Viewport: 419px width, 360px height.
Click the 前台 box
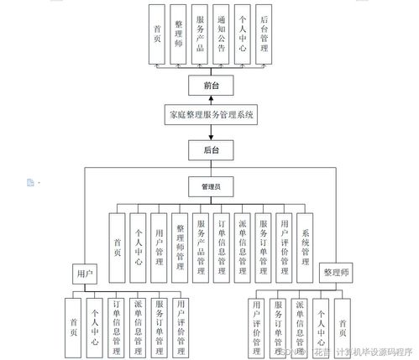(210, 85)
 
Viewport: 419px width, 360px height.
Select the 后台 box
(210, 150)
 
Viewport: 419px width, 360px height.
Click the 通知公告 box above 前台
(221, 34)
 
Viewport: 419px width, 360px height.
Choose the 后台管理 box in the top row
(264, 34)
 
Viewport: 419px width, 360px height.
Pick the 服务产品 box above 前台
(200, 34)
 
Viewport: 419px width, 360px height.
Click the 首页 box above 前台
(157, 34)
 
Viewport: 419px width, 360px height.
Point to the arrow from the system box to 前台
(210, 100)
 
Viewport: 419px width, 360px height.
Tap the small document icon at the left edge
(30, 181)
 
